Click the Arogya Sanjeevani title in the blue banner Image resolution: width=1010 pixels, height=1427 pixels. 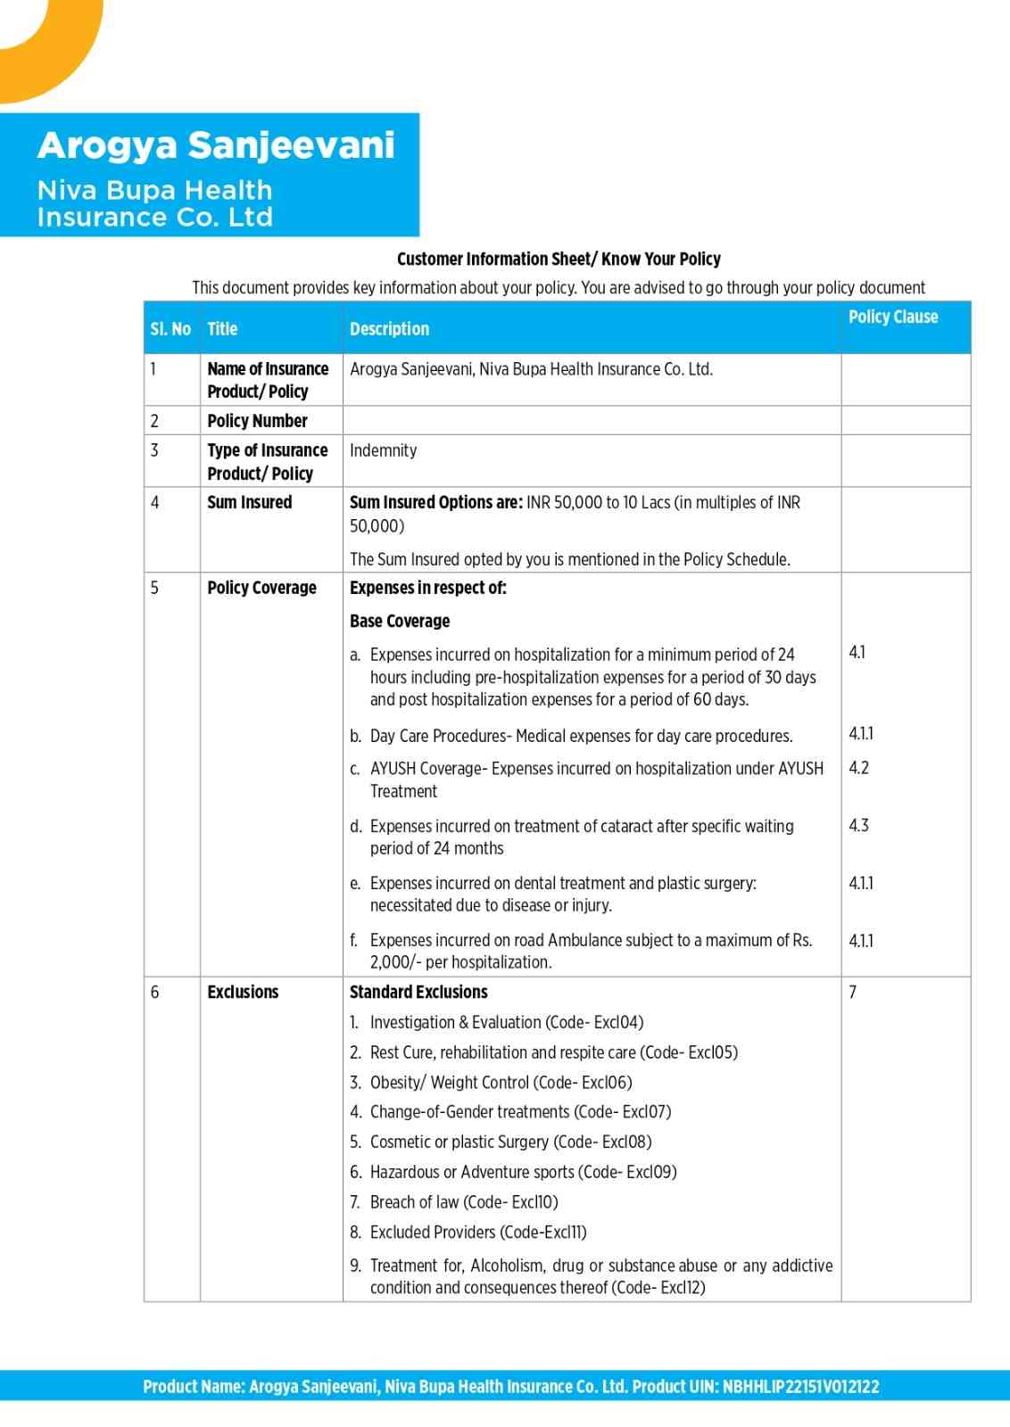(x=215, y=145)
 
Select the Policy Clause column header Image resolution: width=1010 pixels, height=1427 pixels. (x=892, y=317)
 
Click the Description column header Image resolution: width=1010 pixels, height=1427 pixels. (x=389, y=329)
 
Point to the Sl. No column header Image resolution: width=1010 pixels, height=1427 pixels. (x=170, y=329)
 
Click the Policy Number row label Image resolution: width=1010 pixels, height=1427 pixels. (x=257, y=421)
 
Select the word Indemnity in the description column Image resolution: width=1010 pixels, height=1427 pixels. (x=383, y=450)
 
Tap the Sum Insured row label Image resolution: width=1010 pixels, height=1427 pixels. (x=249, y=502)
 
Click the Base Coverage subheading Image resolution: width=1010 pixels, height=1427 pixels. (x=400, y=621)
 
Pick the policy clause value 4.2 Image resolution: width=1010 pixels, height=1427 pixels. (x=858, y=768)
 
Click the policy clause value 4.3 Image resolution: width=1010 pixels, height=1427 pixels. (x=858, y=825)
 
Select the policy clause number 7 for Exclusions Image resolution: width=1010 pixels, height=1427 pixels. (x=853, y=992)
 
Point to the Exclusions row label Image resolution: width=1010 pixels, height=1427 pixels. (x=243, y=992)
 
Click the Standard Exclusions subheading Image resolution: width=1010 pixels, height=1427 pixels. (x=418, y=992)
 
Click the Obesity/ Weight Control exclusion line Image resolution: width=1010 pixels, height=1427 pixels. (x=501, y=1083)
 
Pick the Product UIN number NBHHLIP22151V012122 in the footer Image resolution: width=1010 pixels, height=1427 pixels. (x=800, y=1387)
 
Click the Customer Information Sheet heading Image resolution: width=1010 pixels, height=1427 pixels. (x=559, y=260)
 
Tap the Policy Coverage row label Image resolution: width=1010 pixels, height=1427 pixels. (x=261, y=588)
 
